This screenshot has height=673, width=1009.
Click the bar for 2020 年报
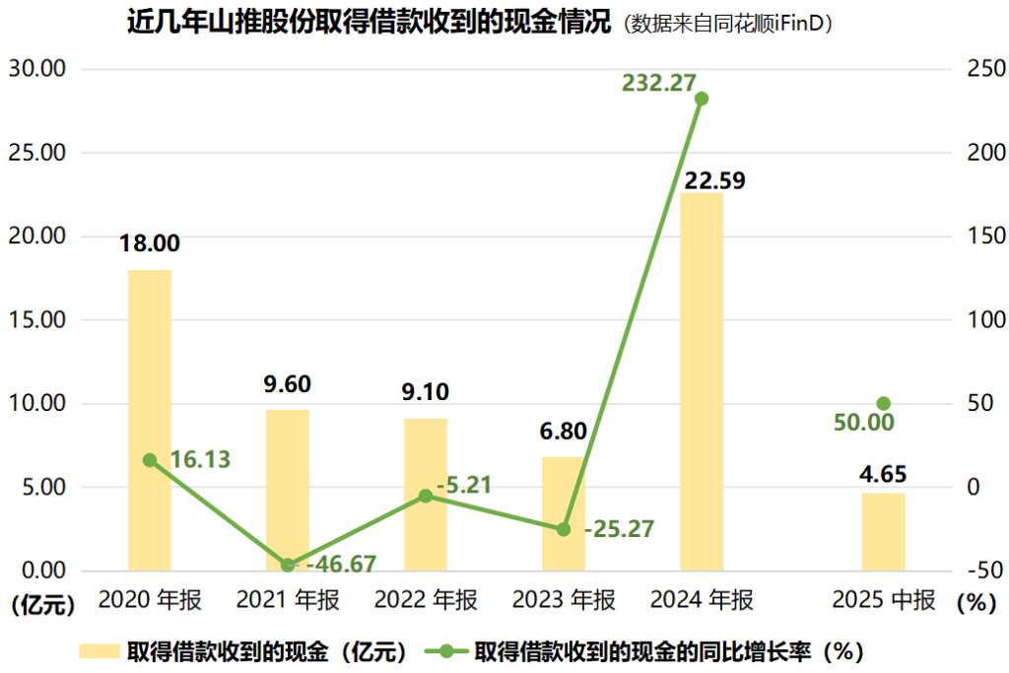(150, 420)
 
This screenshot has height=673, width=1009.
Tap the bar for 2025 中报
(883, 531)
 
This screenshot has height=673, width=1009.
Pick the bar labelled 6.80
(564, 513)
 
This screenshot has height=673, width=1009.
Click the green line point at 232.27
(702, 99)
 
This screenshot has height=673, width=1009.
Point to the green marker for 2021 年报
(288, 566)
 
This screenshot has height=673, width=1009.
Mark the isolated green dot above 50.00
(883, 404)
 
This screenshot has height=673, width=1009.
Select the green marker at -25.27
(564, 529)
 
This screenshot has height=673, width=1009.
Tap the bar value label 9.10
(426, 392)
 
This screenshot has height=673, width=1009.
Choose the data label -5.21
(464, 485)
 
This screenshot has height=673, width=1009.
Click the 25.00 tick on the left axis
(36, 153)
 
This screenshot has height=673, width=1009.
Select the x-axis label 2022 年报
(426, 600)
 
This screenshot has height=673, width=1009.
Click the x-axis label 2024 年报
(702, 600)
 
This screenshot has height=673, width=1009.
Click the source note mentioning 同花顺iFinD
(727, 24)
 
